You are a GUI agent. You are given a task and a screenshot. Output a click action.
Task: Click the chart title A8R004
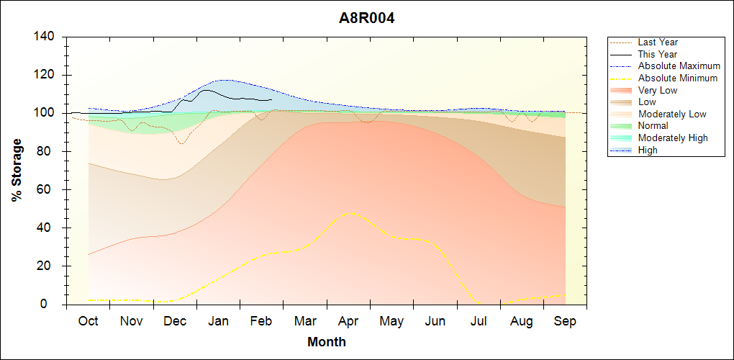[x=367, y=18]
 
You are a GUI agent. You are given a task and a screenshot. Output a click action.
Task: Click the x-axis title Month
[x=326, y=342]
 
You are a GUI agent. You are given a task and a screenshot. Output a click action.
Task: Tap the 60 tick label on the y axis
[x=50, y=190]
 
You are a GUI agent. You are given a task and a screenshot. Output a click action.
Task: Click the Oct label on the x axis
[x=88, y=321]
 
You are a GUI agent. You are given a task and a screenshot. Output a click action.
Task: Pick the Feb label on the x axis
[x=261, y=321]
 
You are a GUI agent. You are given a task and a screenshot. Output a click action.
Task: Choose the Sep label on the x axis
[x=565, y=321]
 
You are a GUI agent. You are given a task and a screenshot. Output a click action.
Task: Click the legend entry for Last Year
[x=658, y=42]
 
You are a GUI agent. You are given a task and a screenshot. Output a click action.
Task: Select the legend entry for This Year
[x=658, y=54]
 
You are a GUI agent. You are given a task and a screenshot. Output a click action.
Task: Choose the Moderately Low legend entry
[x=672, y=114]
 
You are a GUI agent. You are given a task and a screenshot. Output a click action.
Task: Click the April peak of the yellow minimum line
[x=350, y=212]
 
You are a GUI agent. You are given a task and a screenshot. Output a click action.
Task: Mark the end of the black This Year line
[x=271, y=100]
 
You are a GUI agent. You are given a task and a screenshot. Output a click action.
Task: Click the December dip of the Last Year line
[x=181, y=143]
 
